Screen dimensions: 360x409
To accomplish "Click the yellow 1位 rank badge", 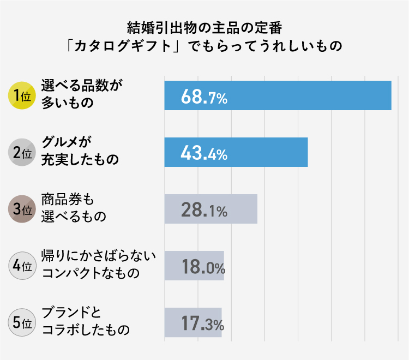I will tap(22, 95).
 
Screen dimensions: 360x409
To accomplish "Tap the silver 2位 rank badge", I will tap(22, 152).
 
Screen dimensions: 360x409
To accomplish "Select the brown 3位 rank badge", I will tap(22, 209).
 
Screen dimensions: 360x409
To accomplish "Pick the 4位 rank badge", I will tap(22, 266).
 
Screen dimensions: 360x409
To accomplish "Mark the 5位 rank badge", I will tap(22, 322).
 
